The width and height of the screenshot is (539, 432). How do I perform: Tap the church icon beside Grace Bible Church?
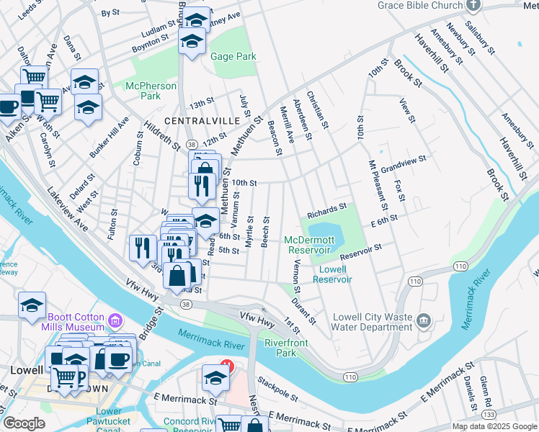(x=473, y=6)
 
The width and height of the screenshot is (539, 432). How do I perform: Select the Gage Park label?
(x=233, y=56)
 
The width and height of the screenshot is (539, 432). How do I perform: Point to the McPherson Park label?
(x=151, y=91)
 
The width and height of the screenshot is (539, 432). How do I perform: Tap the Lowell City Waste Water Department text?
(x=372, y=321)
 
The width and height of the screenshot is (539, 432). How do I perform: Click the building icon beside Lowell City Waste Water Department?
(x=423, y=320)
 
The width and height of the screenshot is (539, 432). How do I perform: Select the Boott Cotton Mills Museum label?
(x=76, y=323)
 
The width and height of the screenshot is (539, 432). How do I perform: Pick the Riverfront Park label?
(x=286, y=348)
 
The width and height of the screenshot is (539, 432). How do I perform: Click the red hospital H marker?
(x=227, y=365)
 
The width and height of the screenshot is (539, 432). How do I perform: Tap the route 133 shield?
(x=489, y=415)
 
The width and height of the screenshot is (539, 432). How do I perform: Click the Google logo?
(x=24, y=423)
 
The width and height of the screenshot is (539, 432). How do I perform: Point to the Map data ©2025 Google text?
(x=494, y=426)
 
